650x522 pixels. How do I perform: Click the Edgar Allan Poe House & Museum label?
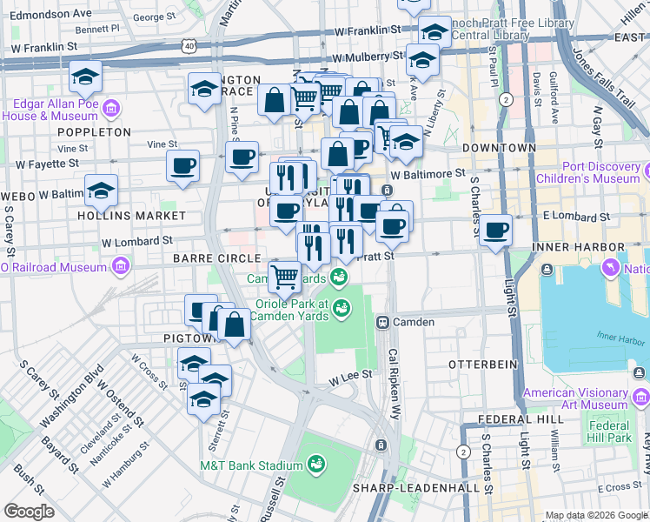pos(52,109)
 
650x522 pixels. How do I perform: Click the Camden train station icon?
pos(381,322)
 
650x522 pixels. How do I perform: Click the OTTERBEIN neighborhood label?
pos(482,363)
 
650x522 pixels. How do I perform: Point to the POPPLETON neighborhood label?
pos(93,131)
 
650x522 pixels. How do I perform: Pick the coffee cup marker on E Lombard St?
pos(496,231)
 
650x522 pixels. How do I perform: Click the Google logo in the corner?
pos(29,512)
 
